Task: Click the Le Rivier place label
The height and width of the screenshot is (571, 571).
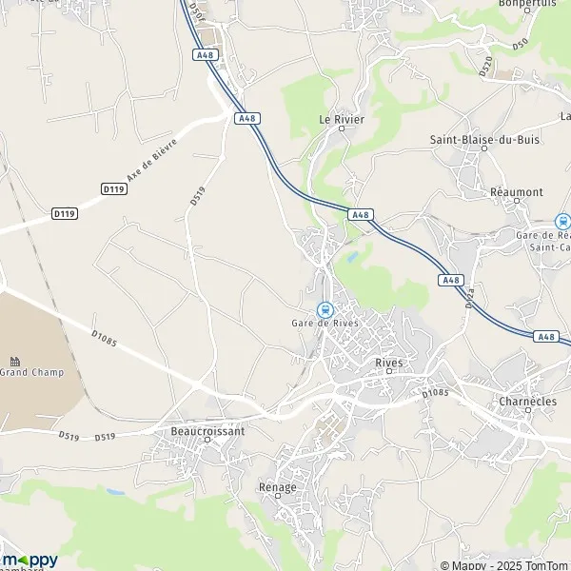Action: tap(340, 119)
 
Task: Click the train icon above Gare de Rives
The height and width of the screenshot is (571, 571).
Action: tap(325, 309)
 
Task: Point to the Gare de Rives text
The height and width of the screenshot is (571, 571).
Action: tap(325, 323)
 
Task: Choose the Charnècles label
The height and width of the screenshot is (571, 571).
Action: tap(526, 402)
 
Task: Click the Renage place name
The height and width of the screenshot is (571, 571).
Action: tap(278, 487)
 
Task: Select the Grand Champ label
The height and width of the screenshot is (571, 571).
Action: tap(31, 372)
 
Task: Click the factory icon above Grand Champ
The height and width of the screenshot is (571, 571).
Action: tap(15, 361)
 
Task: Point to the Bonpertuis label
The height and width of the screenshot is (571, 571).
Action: tap(525, 4)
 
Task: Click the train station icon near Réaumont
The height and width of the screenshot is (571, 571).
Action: tap(562, 221)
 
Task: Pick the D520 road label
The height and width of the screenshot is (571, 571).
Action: tap(485, 67)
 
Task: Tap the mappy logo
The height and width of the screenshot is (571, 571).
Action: tap(29, 560)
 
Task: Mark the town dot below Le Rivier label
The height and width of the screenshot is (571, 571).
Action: tap(341, 128)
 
